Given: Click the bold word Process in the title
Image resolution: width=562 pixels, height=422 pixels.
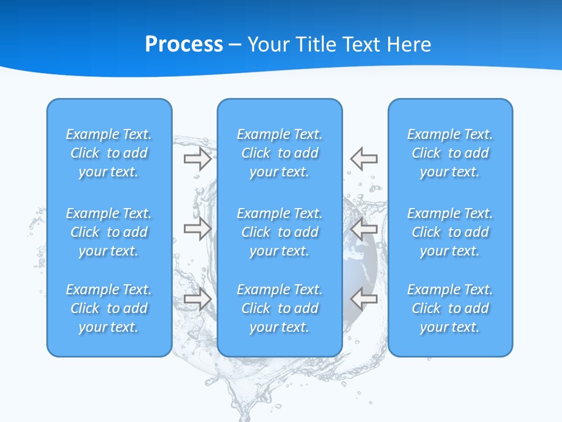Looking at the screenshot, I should coord(184,45).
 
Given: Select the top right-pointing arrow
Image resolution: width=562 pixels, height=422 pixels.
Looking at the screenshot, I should coord(197,159).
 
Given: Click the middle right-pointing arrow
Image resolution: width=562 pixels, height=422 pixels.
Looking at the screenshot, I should coord(197,229).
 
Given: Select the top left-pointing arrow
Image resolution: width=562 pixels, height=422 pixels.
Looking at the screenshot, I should coord(364,159).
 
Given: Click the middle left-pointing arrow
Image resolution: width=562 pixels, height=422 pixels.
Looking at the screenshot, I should coord(364,229).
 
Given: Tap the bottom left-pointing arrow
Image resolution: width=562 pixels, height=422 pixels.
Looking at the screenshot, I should coord(364,299).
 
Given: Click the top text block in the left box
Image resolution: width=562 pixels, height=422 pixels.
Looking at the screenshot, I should coord(109,153).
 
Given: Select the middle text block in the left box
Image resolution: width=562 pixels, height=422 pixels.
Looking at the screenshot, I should coord(109,232).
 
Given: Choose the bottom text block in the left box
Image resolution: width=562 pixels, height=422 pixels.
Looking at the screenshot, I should coord(109,308).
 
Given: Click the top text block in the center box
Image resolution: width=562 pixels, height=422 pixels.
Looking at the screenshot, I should coord(280,153).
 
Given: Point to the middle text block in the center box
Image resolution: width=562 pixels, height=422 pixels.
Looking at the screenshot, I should coord(280,232).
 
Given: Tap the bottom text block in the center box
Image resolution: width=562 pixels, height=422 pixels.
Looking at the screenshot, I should coord(280,308).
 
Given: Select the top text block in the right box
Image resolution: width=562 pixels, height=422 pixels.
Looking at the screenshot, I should coord(450,153).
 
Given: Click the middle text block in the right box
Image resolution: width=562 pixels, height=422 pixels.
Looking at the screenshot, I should coord(450,232).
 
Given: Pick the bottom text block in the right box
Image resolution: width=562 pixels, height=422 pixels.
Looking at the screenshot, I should coord(450,308).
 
